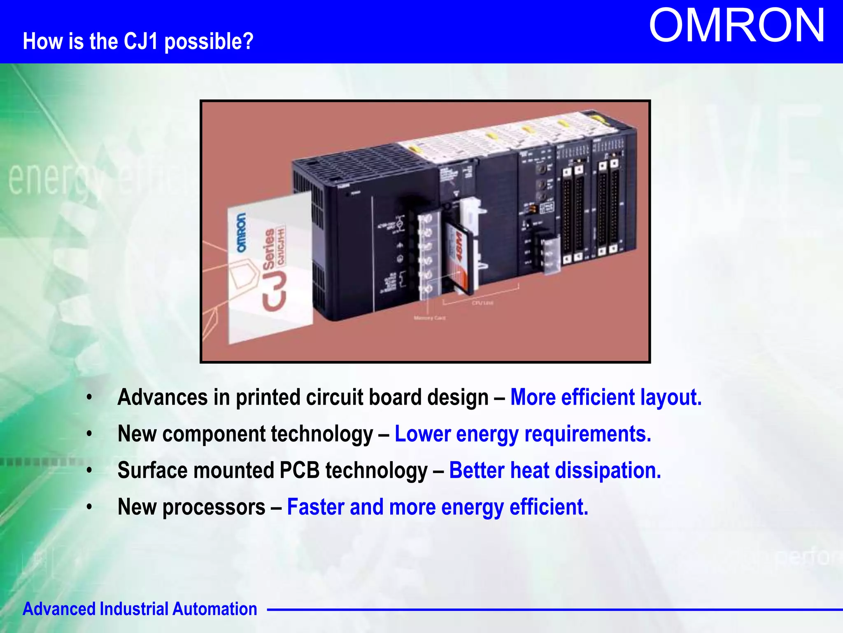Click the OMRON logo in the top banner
tap(736, 26)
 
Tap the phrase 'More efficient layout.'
tap(605, 398)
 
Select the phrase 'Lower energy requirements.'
tap(523, 434)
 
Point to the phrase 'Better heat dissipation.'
tap(555, 471)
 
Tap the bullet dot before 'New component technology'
tap(89, 434)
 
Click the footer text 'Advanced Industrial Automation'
tap(140, 609)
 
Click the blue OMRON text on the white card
tap(242, 232)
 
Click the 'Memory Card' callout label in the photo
tap(429, 318)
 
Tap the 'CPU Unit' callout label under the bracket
tap(482, 303)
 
